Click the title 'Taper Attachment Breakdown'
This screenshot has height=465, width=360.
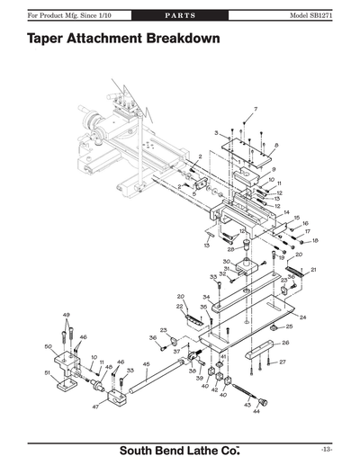point(123,41)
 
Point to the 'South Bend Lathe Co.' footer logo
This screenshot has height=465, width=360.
point(181,448)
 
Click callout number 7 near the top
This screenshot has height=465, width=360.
point(255,109)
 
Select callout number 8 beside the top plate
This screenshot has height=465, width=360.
point(276,145)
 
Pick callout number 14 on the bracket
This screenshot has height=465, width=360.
point(286,212)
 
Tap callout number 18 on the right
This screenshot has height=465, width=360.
point(315,240)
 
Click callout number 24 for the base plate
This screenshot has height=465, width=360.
point(303,317)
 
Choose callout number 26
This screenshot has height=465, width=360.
point(286,342)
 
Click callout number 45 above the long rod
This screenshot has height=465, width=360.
point(147,364)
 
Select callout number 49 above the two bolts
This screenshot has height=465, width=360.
point(66,315)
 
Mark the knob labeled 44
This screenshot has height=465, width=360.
point(265,401)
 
